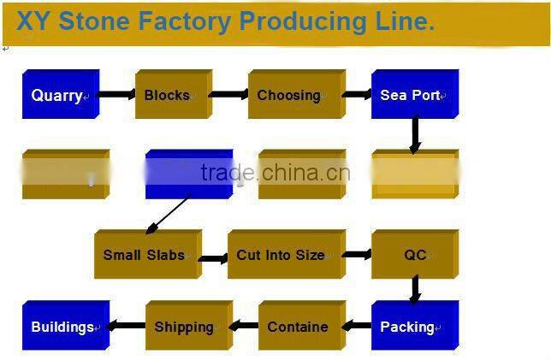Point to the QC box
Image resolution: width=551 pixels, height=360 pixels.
pyautogui.click(x=413, y=255)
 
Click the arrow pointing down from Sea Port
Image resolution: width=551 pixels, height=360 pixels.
pyautogui.click(x=415, y=134)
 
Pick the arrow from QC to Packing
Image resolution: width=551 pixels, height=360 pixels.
pyautogui.click(x=415, y=289)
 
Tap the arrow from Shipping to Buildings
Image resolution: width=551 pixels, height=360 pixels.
pyautogui.click(x=128, y=326)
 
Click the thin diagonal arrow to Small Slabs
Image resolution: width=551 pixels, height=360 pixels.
pyautogui.click(x=169, y=215)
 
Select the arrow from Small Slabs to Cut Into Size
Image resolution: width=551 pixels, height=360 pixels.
pyautogui.click(x=214, y=257)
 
